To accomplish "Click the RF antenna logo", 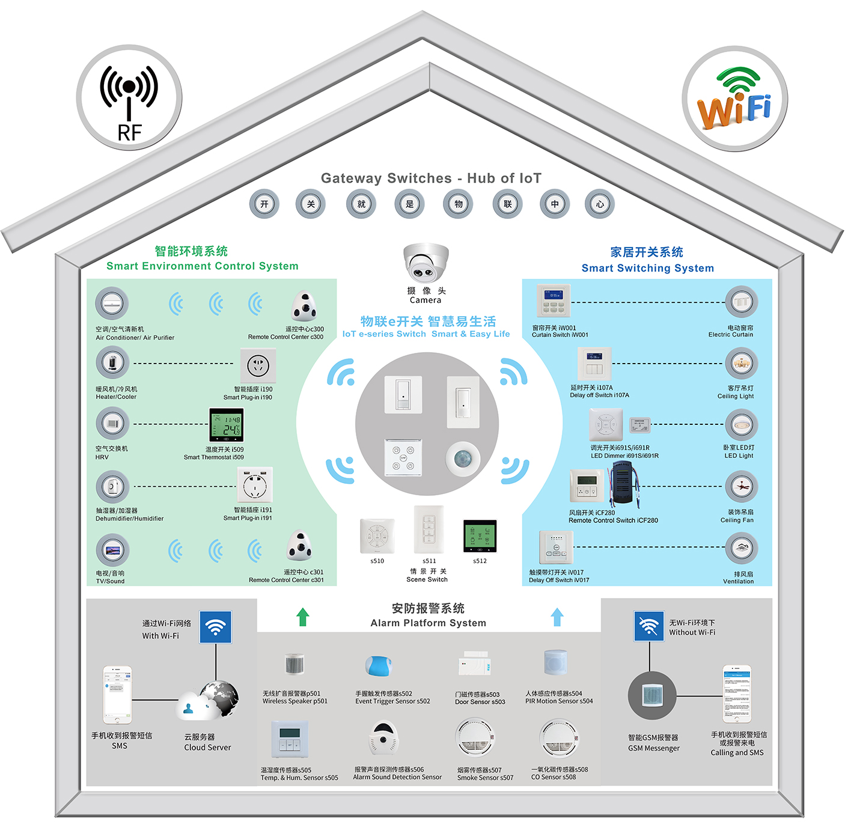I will point(129,98).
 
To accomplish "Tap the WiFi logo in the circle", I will point(734,99).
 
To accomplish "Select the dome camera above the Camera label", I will point(425,263).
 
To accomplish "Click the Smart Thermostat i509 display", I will point(226,425).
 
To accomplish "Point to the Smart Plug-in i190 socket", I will point(258,365).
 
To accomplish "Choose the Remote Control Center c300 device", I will point(304,307).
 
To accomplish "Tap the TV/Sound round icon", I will point(112,550).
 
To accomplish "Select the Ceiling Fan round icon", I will point(742,487).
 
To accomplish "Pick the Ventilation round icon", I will point(742,548).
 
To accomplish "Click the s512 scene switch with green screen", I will point(480,536).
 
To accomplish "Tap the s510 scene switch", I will point(377,535).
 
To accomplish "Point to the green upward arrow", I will point(303,617).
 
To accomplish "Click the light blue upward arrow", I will point(557,617).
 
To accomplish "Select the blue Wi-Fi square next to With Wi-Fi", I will point(215,627).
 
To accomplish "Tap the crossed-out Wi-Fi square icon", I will point(649,626).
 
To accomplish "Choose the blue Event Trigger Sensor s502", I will point(379,666).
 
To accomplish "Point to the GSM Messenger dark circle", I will point(652,695).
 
